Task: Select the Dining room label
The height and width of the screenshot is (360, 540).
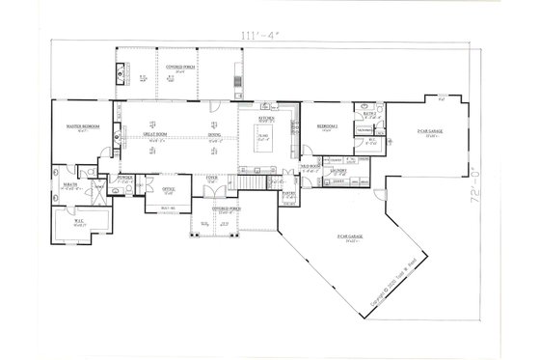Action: click(214, 133)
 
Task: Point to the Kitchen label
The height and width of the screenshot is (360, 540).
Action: click(264, 117)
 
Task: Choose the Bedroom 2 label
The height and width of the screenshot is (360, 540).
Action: click(326, 126)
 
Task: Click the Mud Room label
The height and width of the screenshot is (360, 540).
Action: click(310, 167)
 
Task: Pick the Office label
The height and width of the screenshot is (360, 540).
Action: click(168, 189)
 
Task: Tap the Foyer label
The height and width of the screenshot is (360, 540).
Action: click(212, 177)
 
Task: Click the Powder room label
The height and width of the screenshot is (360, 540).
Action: click(123, 178)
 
